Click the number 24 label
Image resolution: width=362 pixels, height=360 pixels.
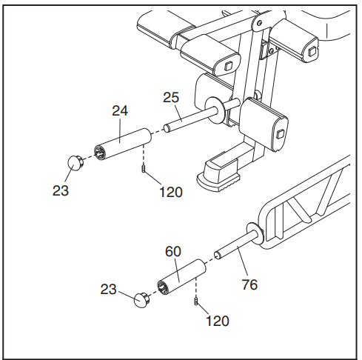click(120, 110)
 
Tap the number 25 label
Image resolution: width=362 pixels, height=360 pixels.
click(172, 98)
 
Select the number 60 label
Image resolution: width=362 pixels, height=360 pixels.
click(172, 251)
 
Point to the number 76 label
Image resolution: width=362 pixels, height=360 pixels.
click(249, 284)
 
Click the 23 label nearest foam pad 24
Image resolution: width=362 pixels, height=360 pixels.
click(61, 190)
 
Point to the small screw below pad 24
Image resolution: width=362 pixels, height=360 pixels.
click(142, 171)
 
